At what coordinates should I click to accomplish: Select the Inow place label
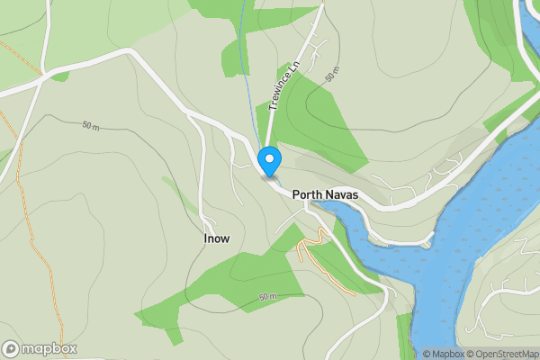pyautogui.click(x=217, y=238)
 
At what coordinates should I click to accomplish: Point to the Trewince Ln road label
pyautogui.click(x=283, y=86)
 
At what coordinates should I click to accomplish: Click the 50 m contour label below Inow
pyautogui.click(x=267, y=296)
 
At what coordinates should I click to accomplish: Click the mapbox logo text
pyautogui.click(x=50, y=348)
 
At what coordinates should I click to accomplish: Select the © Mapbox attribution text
pyautogui.click(x=442, y=354)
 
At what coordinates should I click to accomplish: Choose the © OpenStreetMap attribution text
pyautogui.click(x=501, y=354)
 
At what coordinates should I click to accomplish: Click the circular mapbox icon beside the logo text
pyautogui.click(x=11, y=348)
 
